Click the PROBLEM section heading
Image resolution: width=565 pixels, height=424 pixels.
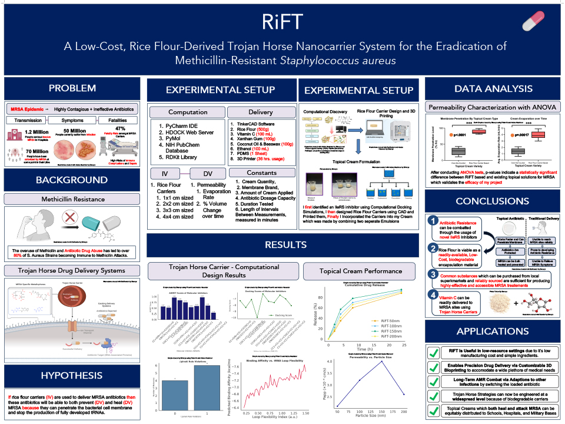click(72, 89)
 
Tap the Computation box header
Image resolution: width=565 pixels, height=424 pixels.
click(188, 112)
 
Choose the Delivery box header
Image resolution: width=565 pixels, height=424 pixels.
click(260, 112)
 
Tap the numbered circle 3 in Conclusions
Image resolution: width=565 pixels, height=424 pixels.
click(433, 274)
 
